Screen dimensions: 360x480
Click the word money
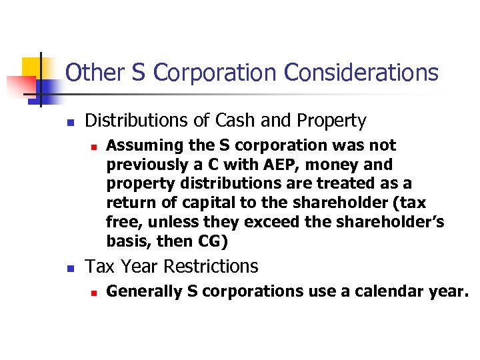pyautogui.click(x=320, y=165)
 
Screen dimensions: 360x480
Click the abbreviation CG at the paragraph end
pyautogui.click(x=217, y=239)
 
